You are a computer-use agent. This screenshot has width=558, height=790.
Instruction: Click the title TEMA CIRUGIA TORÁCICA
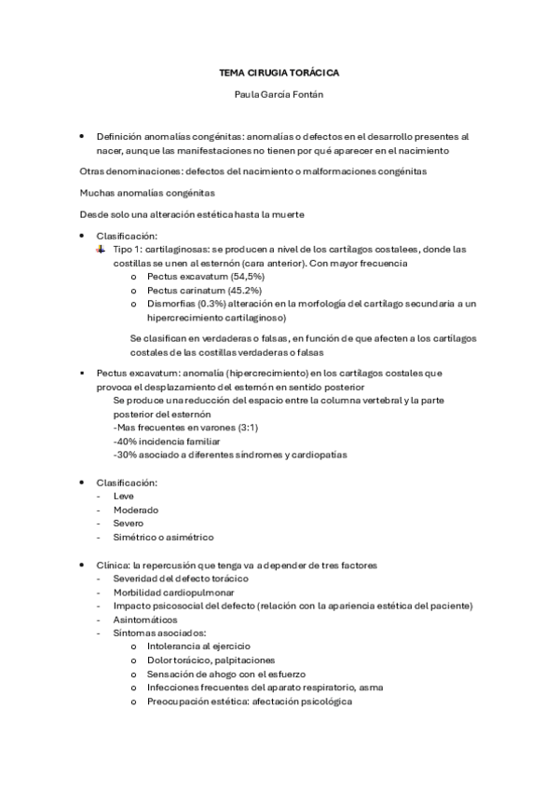[x=279, y=71]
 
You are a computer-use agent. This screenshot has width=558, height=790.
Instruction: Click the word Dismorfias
[x=169, y=304]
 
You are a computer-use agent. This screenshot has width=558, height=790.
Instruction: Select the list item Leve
[x=122, y=496]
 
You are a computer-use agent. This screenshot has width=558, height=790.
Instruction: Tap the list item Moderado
[x=135, y=510]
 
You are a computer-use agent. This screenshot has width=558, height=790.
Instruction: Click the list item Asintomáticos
[x=144, y=620]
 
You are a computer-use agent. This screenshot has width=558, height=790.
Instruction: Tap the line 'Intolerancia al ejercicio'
[x=197, y=646]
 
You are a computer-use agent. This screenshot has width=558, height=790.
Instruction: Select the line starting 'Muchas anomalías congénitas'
[x=147, y=193]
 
